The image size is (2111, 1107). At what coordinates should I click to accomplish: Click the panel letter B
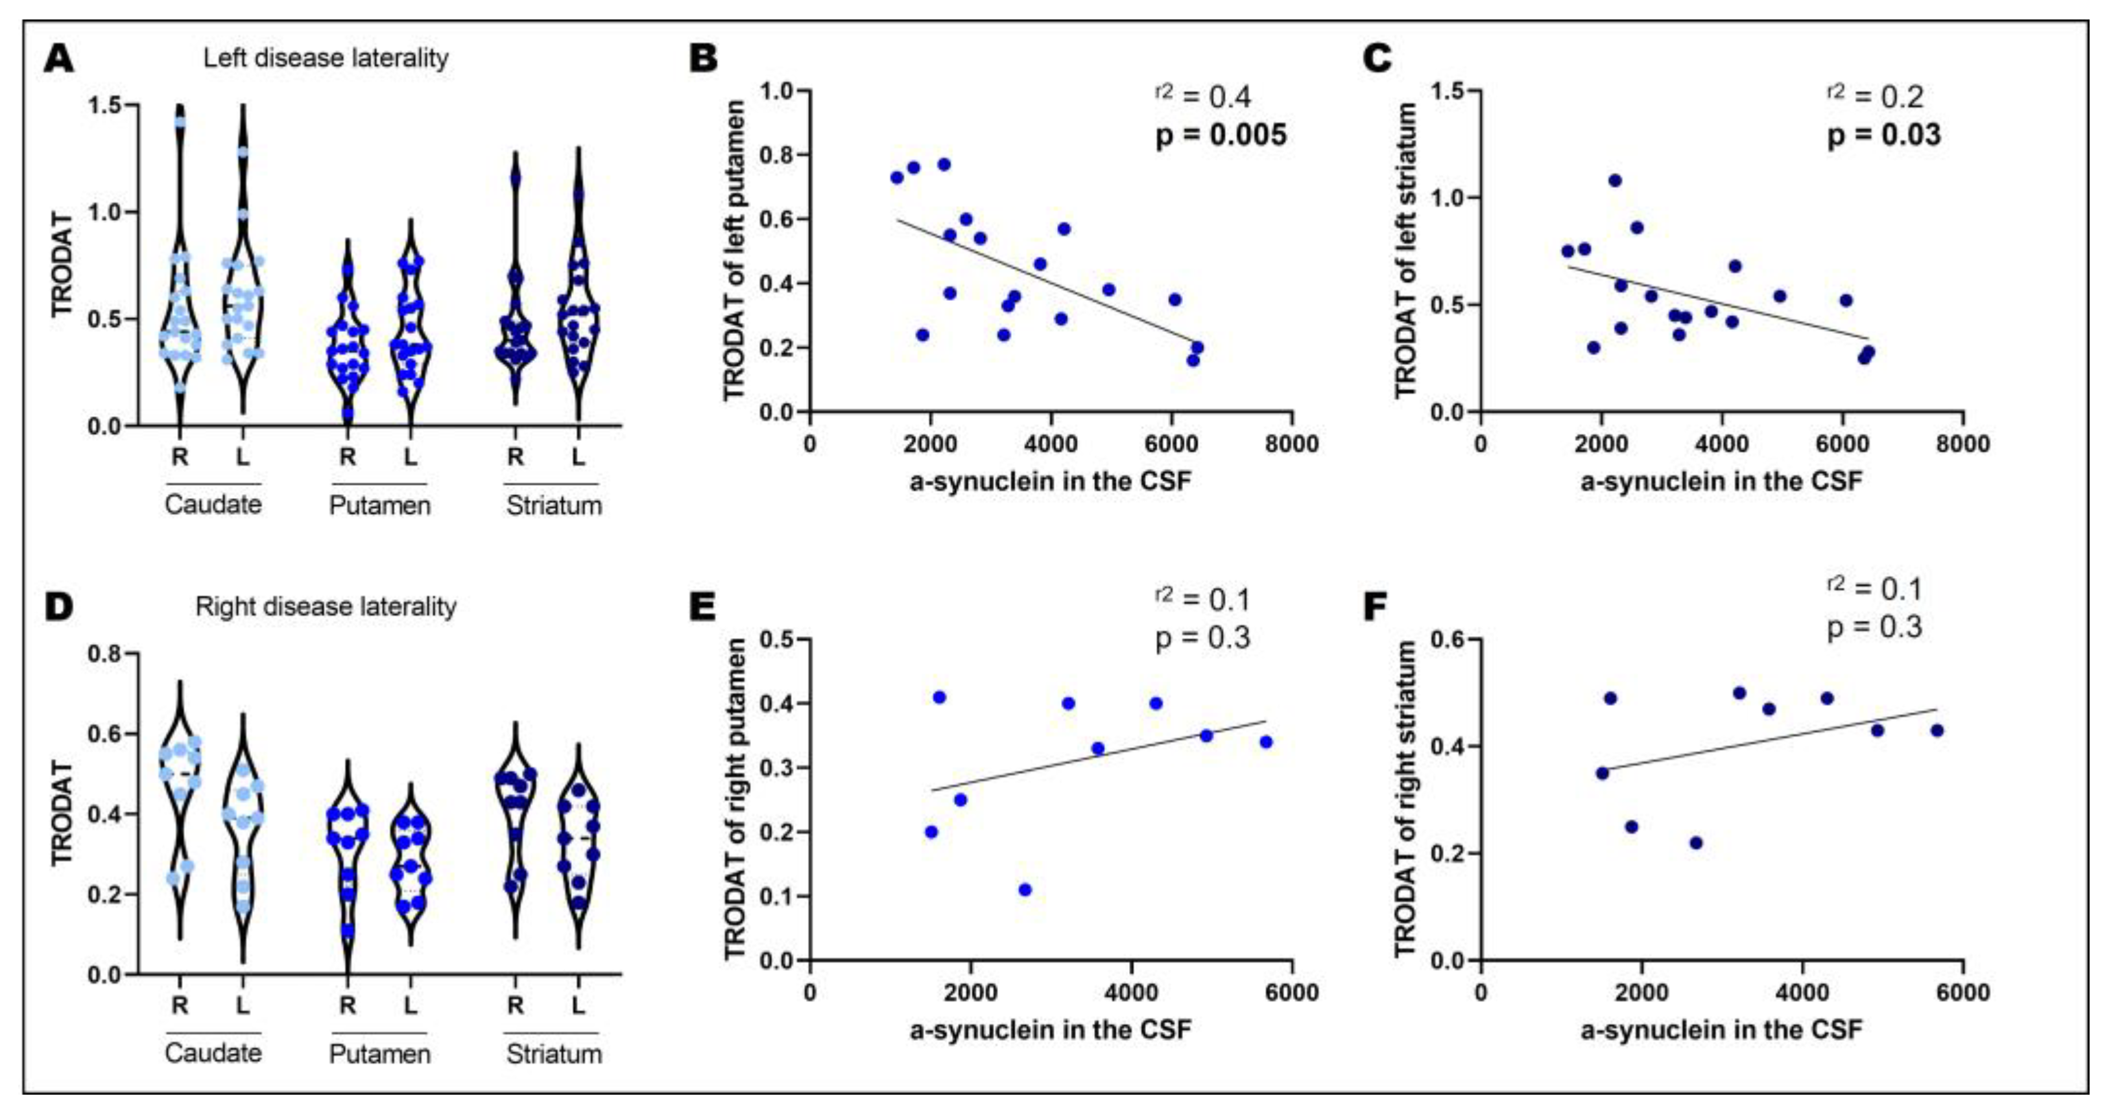[x=704, y=59]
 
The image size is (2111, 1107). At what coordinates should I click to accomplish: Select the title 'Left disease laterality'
[x=326, y=58]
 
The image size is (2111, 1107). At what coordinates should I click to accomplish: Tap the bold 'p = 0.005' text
[x=1220, y=135]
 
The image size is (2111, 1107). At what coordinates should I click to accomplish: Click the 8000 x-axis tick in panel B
[x=1291, y=444]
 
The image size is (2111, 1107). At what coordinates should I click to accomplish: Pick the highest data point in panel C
[x=1614, y=180]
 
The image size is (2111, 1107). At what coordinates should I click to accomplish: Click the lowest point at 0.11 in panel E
[x=1024, y=889]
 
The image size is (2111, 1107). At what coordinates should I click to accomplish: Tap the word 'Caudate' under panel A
[x=213, y=504]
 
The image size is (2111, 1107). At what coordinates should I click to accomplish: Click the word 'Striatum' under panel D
[x=554, y=1054]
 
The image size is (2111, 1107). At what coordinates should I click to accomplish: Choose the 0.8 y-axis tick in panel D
[x=106, y=654]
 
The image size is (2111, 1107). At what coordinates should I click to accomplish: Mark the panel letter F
[x=1374, y=607]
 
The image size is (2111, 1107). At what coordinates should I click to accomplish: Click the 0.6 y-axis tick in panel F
[x=1449, y=639]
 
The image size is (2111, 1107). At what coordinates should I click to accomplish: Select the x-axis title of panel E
[x=1050, y=1029]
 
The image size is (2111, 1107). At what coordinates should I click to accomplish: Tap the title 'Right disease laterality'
[x=326, y=607]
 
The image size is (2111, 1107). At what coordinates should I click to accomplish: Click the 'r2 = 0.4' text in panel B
[x=1202, y=96]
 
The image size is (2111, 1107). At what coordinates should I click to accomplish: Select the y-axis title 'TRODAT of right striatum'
[x=1405, y=799]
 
